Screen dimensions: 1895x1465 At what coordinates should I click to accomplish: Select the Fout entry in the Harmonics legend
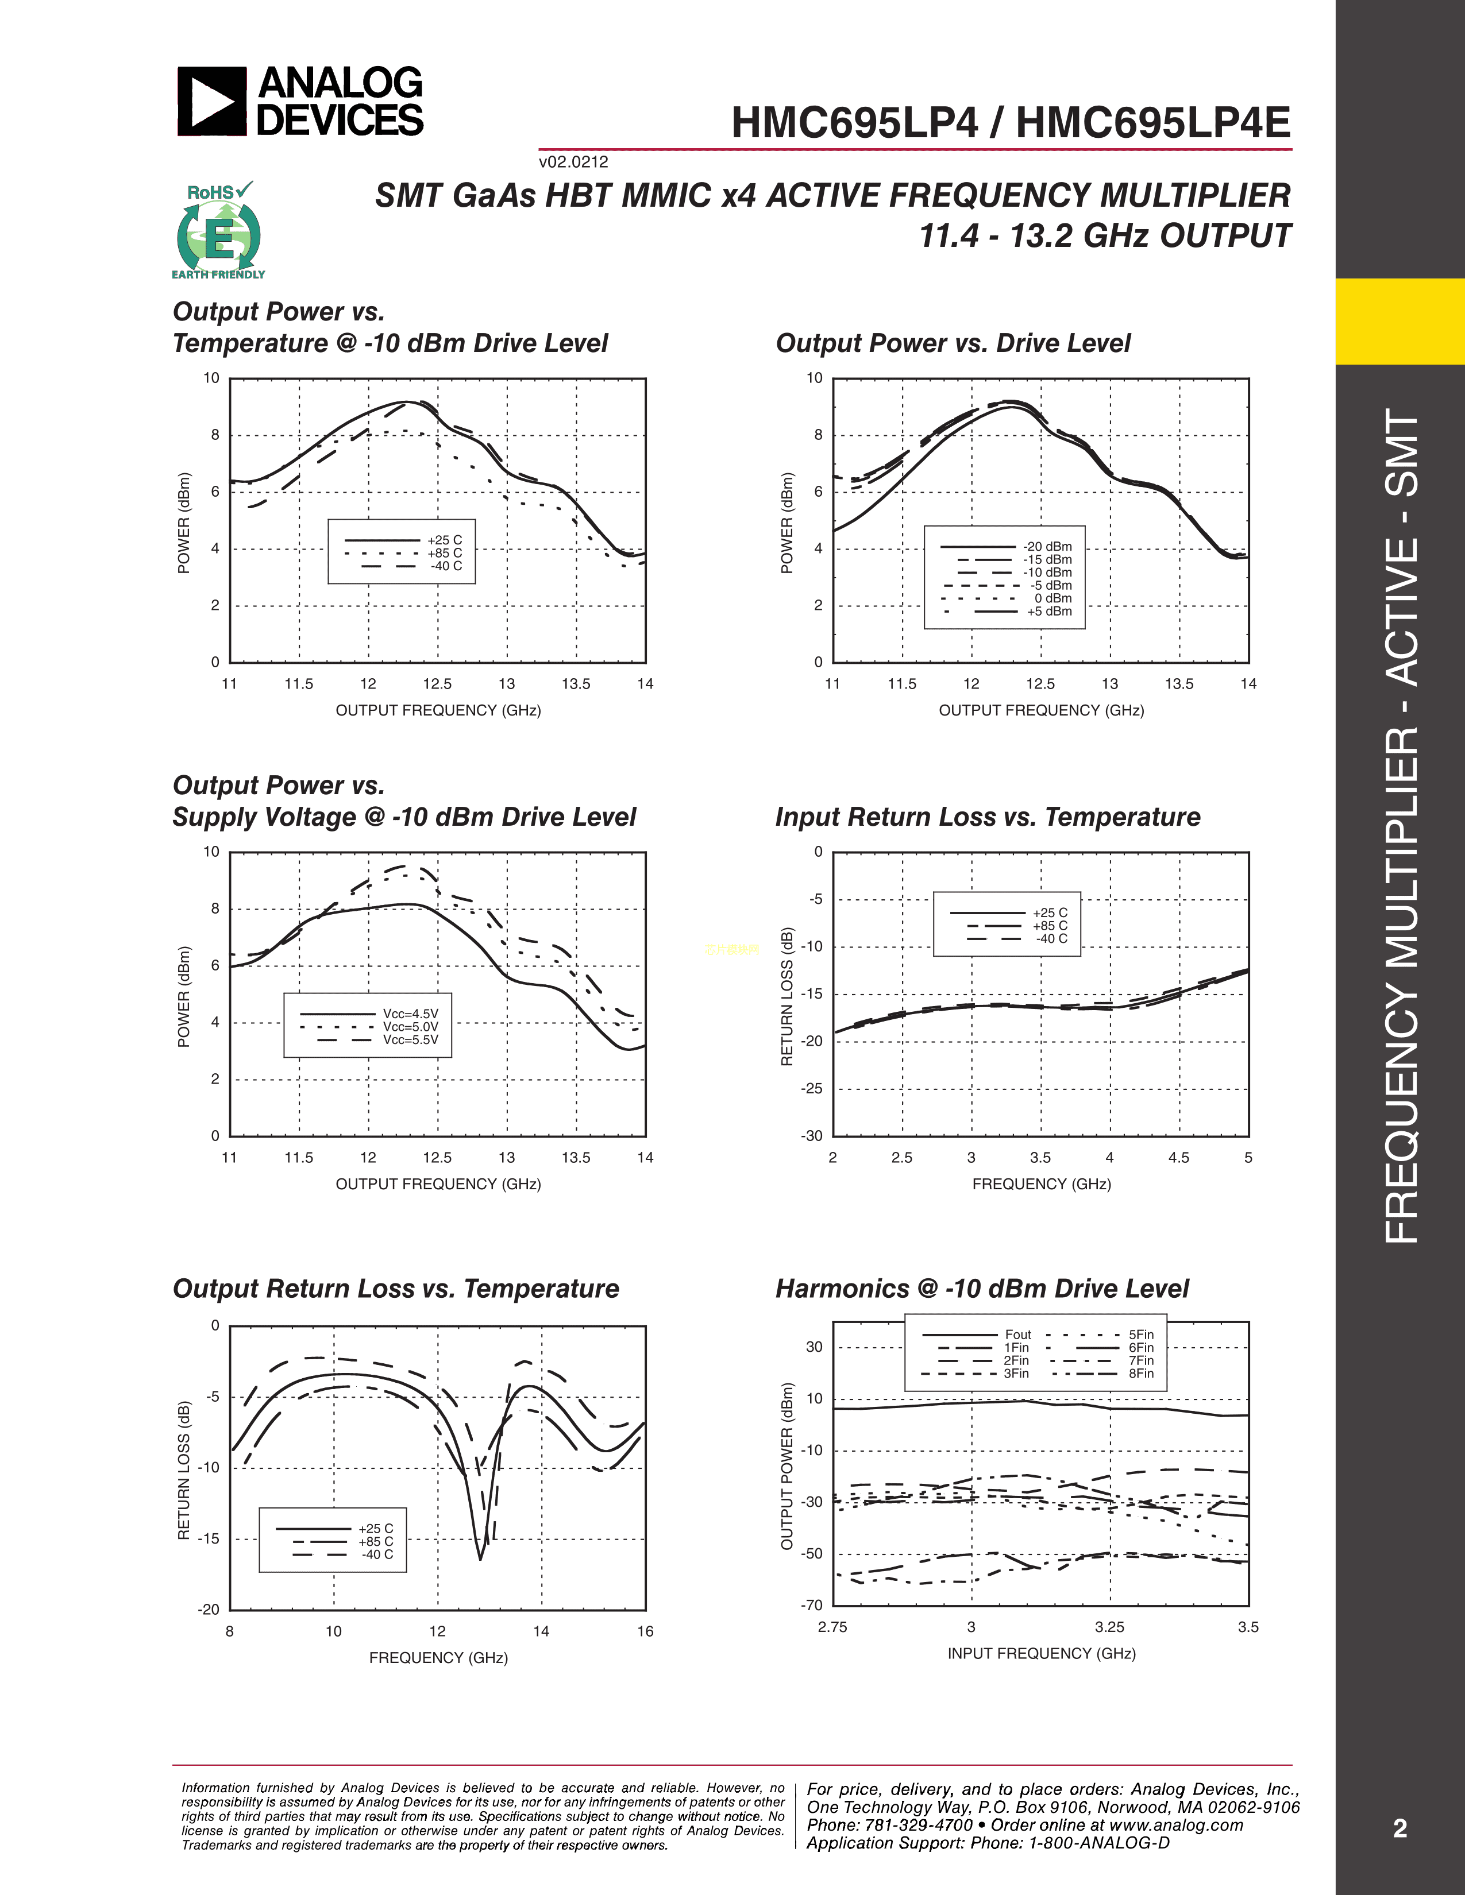pos(1017,1335)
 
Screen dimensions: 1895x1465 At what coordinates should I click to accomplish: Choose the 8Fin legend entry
pos(1140,1374)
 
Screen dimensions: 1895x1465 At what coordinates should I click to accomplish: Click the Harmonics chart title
pos(982,1289)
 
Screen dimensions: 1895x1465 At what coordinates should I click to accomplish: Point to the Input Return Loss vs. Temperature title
pos(988,817)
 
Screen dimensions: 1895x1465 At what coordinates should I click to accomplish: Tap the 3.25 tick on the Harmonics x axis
pos(1109,1627)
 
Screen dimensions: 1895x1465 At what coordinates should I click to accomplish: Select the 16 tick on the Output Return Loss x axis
pos(645,1631)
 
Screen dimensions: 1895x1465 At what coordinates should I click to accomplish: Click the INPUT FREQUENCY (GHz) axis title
pos(1042,1653)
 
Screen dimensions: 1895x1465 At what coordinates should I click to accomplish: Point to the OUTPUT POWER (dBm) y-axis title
pos(787,1467)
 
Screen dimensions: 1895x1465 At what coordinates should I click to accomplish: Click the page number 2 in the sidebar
pos(1399,1828)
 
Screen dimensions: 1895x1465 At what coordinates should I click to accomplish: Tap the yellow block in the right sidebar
pos(1399,321)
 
